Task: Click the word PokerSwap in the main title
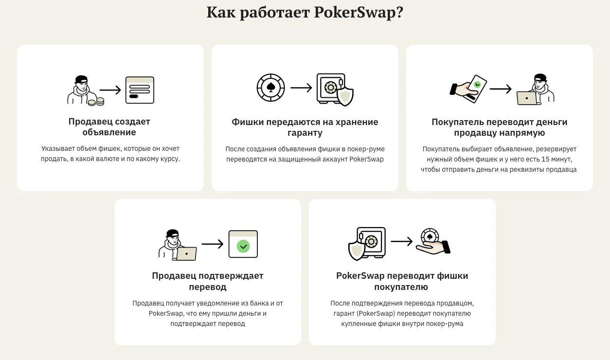(359, 13)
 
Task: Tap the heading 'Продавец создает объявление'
(109, 126)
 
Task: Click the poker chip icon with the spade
(270, 88)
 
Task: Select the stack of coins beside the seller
(96, 102)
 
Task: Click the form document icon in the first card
(140, 90)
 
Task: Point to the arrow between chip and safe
(301, 88)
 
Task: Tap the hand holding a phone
(468, 89)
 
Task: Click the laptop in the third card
(527, 98)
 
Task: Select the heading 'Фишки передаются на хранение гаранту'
(305, 127)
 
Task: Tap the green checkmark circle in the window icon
(243, 246)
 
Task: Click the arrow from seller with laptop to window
(213, 244)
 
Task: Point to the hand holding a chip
(433, 242)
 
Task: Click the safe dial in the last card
(371, 241)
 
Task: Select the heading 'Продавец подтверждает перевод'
(208, 281)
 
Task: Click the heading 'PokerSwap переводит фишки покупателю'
(402, 281)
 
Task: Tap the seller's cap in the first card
(81, 79)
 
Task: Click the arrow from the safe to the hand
(402, 241)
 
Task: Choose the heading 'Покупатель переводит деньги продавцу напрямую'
(500, 127)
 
